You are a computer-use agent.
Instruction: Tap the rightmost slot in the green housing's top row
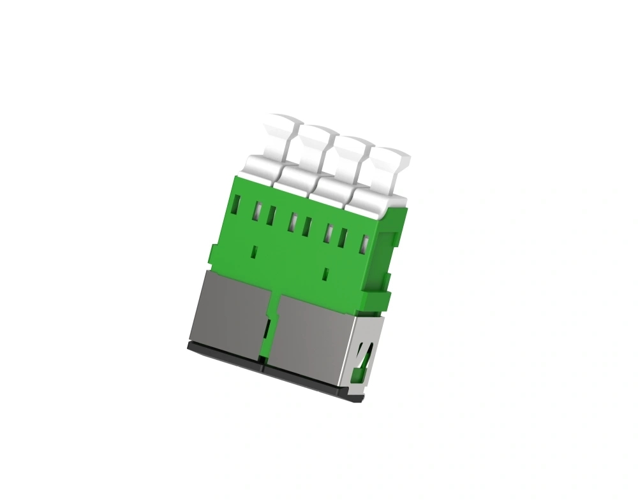pos(366,244)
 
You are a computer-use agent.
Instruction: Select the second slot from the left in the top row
pos(258,210)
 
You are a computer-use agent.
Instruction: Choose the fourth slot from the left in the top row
pos(293,221)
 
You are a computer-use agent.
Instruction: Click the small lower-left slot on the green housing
pos(255,252)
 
